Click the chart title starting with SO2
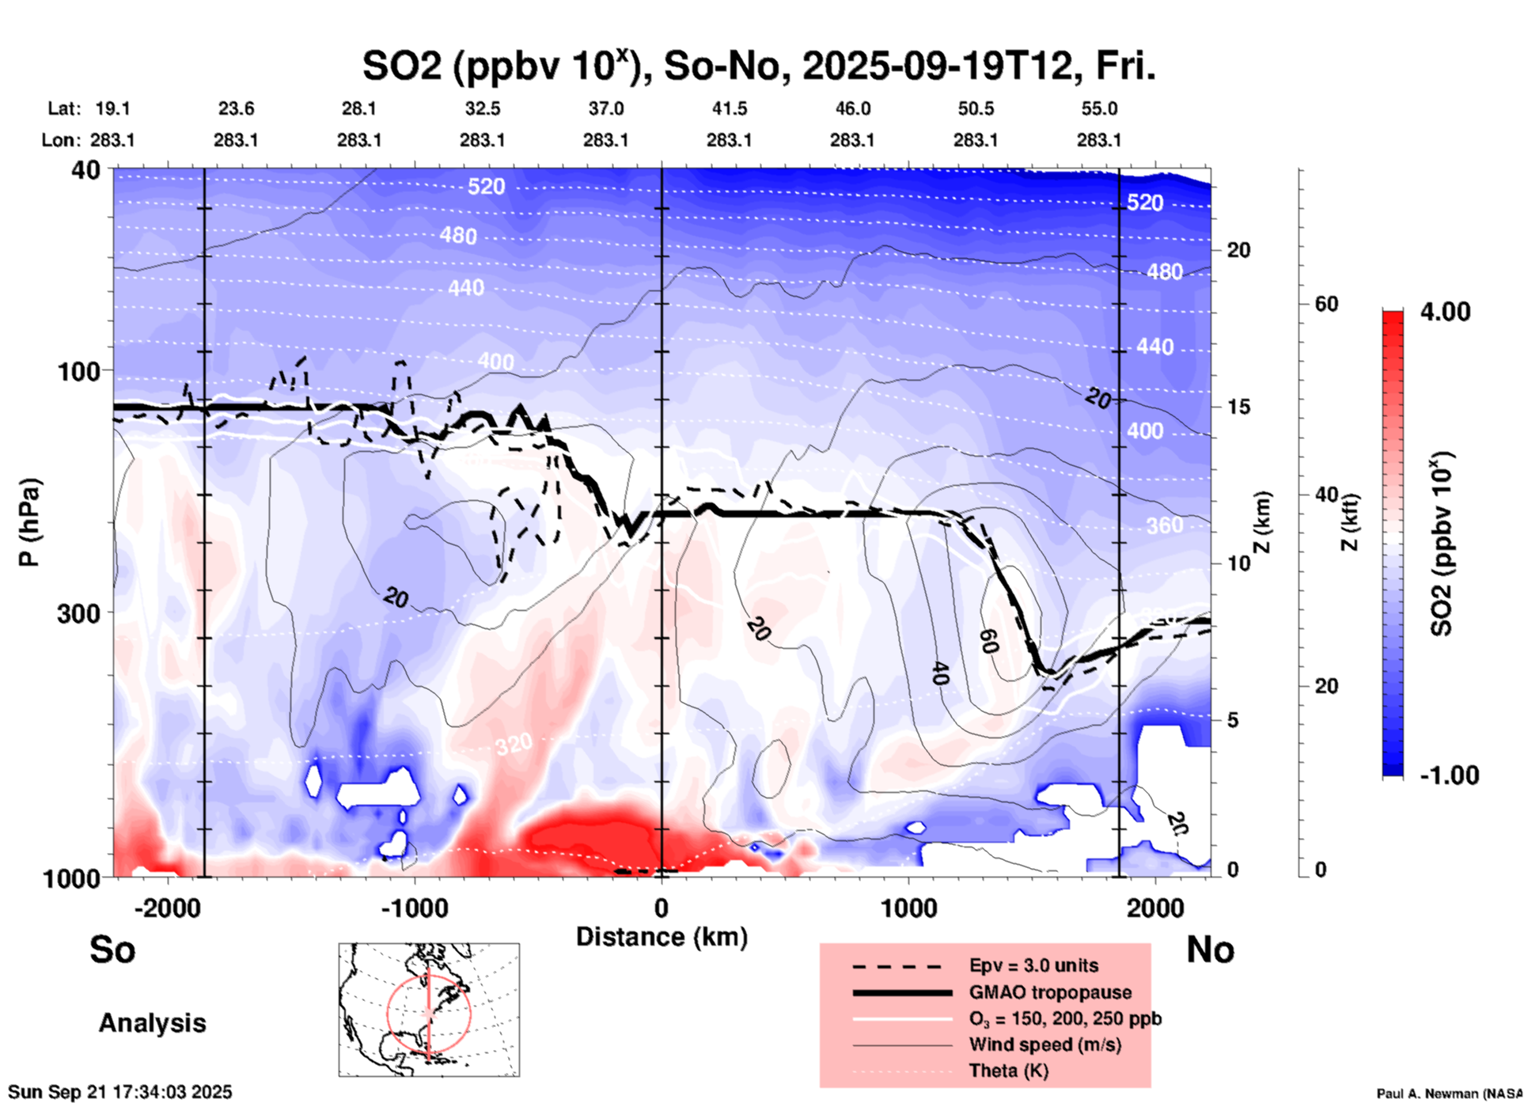[758, 66]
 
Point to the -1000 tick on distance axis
[415, 908]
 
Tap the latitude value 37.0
[605, 108]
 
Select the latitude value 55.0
[1099, 108]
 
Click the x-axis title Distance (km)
[662, 937]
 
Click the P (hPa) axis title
[29, 522]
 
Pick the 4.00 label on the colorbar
[1445, 312]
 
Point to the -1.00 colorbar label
[1449, 775]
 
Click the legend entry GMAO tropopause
[1050, 992]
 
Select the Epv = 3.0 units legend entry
[1033, 965]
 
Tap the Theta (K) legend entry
[1008, 1071]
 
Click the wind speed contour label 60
[989, 641]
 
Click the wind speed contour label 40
[939, 673]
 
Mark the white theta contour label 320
[514, 744]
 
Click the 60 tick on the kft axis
[1326, 304]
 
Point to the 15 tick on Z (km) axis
[1238, 407]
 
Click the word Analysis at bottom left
[152, 1023]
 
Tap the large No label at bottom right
[1210, 949]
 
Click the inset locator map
[429, 1009]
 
